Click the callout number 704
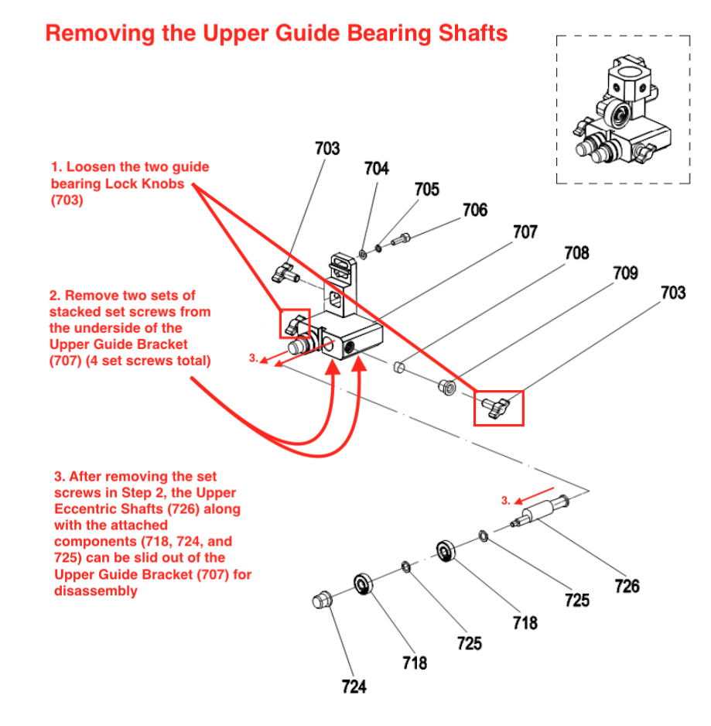coord(377,169)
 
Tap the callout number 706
coord(475,210)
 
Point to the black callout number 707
coord(525,231)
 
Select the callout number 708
coord(576,252)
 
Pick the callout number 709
coord(625,272)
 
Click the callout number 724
coord(354,686)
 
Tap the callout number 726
coord(627,586)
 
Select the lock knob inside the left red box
coord(295,323)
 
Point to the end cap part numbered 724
coord(321,598)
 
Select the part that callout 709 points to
coord(446,386)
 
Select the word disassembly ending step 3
coord(96,591)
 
